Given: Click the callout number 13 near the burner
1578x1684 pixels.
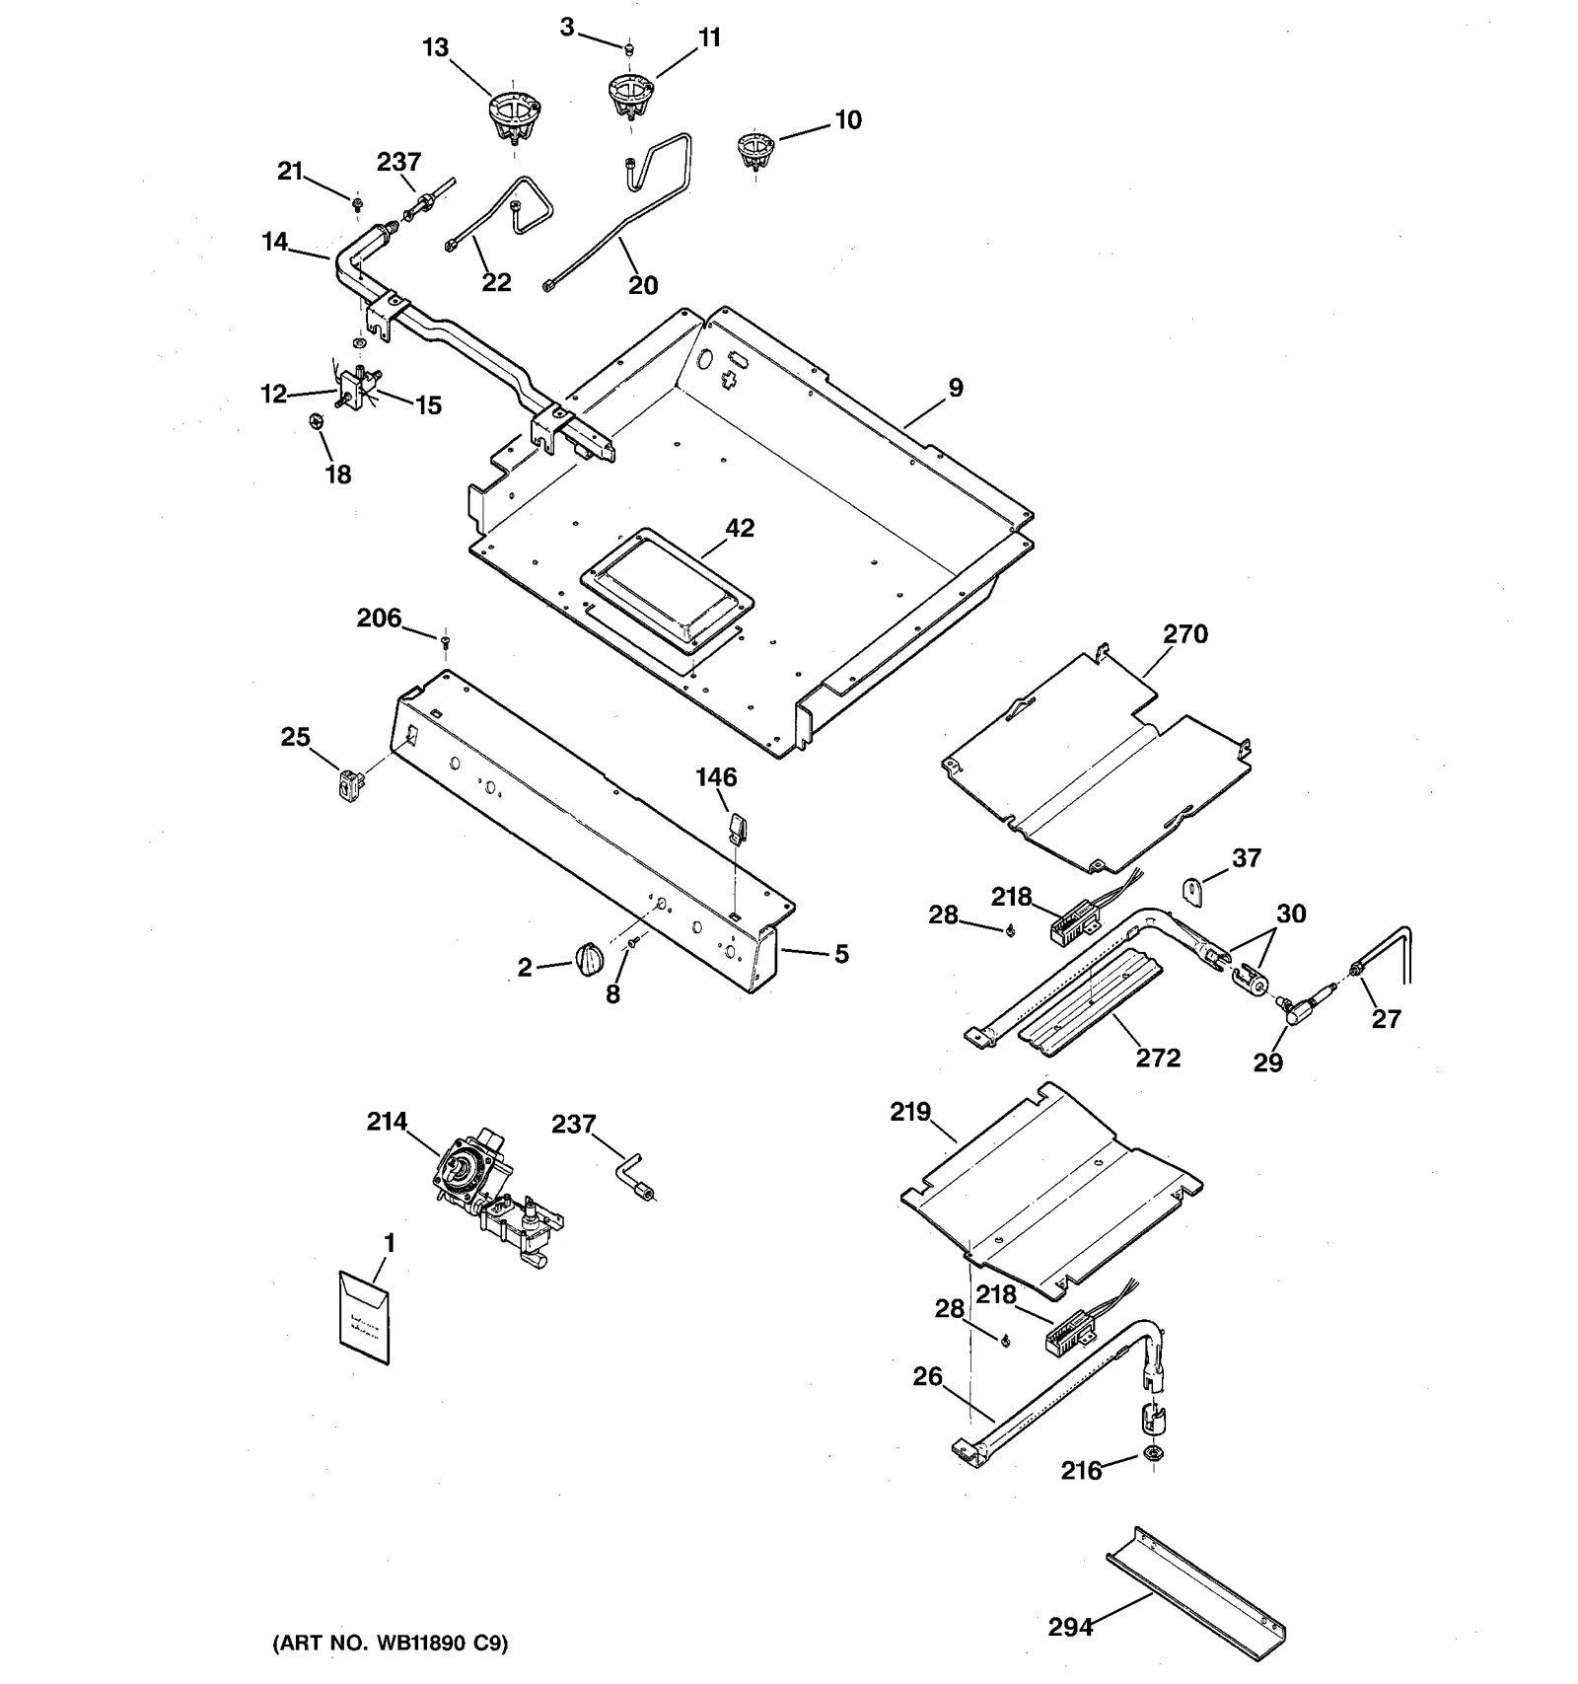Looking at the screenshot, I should click(435, 47).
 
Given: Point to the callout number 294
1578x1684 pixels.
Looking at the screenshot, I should click(1070, 1626).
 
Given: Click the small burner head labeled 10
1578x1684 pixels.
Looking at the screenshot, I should click(755, 151).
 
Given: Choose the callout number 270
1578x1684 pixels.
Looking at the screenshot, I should click(1184, 634).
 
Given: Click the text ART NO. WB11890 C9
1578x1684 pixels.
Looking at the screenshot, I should click(390, 1644).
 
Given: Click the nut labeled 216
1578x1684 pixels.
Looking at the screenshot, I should click(1151, 1452).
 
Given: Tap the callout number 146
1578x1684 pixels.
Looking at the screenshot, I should click(716, 777).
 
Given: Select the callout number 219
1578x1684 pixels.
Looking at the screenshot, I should click(909, 1112).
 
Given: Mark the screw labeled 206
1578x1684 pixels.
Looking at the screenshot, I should click(446, 643).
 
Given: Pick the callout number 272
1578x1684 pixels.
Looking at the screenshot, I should click(1157, 1058).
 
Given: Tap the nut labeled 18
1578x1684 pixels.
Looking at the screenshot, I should click(315, 421).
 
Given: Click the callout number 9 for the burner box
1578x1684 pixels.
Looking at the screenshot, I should click(955, 388).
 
